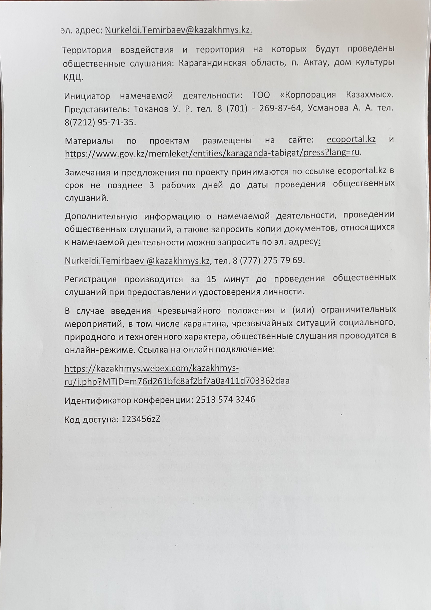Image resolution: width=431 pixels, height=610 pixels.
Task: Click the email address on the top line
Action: click(178, 31)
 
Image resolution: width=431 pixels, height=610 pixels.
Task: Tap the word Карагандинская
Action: click(212, 63)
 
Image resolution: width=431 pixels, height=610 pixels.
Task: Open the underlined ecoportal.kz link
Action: click(351, 139)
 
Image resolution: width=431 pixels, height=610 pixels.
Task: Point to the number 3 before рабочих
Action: click(151, 185)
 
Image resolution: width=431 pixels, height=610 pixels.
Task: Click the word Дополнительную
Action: click(101, 217)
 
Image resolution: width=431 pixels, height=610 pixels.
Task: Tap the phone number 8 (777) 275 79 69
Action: click(268, 260)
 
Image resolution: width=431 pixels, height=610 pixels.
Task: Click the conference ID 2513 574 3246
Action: click(225, 399)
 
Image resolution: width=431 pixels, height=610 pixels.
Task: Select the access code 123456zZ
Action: click(141, 419)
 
